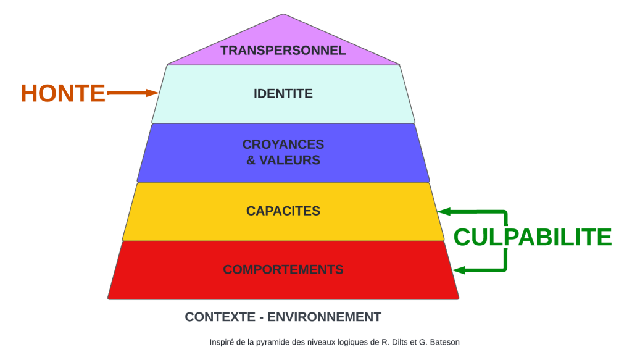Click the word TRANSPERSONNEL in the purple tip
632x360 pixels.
(x=283, y=51)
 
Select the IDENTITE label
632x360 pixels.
(x=283, y=94)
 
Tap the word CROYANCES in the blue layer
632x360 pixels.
(x=283, y=144)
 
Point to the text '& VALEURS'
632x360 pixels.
(x=283, y=160)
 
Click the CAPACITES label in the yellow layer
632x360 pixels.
(x=283, y=211)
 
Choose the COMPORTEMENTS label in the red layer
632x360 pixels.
(x=283, y=270)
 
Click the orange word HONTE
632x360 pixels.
(x=63, y=93)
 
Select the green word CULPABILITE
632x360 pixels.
(x=533, y=237)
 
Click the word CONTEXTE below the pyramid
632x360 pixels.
(x=220, y=317)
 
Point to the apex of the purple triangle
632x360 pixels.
(x=283, y=15)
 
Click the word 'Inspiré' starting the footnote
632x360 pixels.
(x=220, y=341)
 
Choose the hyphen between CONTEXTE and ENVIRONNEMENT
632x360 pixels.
(x=262, y=317)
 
